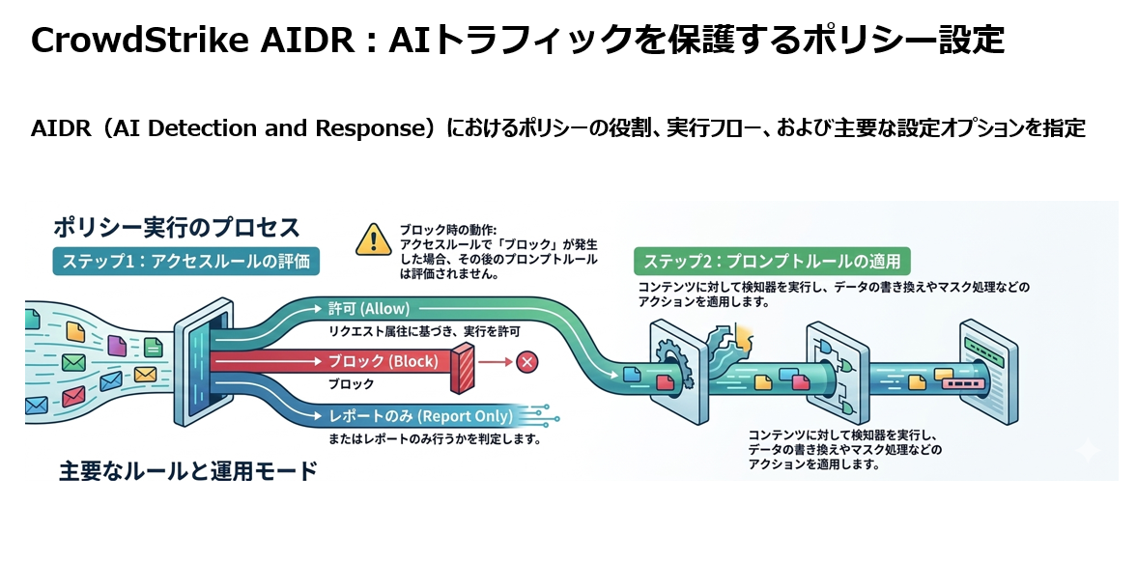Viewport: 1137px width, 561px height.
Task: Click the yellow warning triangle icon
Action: tap(373, 238)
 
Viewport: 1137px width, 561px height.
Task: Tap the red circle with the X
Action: tap(526, 362)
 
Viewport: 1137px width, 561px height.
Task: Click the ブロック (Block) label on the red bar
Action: tap(383, 362)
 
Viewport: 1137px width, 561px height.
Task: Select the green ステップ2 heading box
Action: tap(771, 261)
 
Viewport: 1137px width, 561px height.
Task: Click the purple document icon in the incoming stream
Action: tap(117, 345)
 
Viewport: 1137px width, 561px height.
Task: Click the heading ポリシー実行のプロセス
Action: tap(176, 228)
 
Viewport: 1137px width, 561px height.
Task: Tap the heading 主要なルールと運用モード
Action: tap(187, 472)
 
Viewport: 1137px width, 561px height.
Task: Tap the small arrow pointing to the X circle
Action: tap(495, 362)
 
